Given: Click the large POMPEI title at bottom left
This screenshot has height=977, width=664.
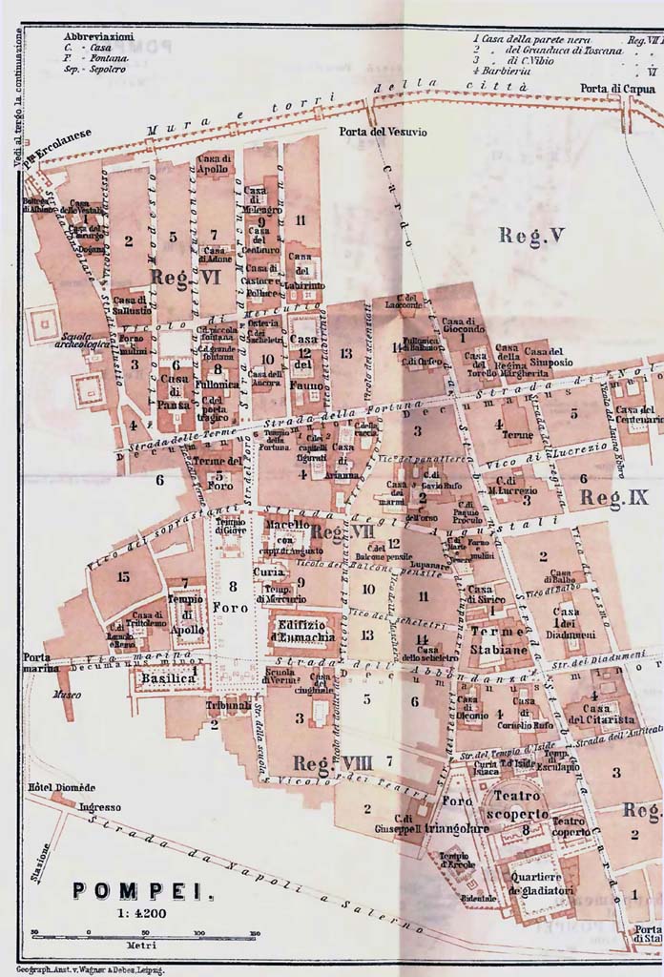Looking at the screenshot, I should [142, 891].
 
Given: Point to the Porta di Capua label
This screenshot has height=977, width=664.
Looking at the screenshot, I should [615, 89].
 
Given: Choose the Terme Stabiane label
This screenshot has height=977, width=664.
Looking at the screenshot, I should [499, 641].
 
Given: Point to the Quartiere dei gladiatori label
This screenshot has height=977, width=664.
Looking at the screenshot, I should [540, 883].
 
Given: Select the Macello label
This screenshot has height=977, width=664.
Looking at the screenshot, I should [287, 525].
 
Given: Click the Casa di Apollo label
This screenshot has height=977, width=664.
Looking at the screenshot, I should [215, 164].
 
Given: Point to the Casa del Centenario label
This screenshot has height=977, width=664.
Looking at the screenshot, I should [639, 413].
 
